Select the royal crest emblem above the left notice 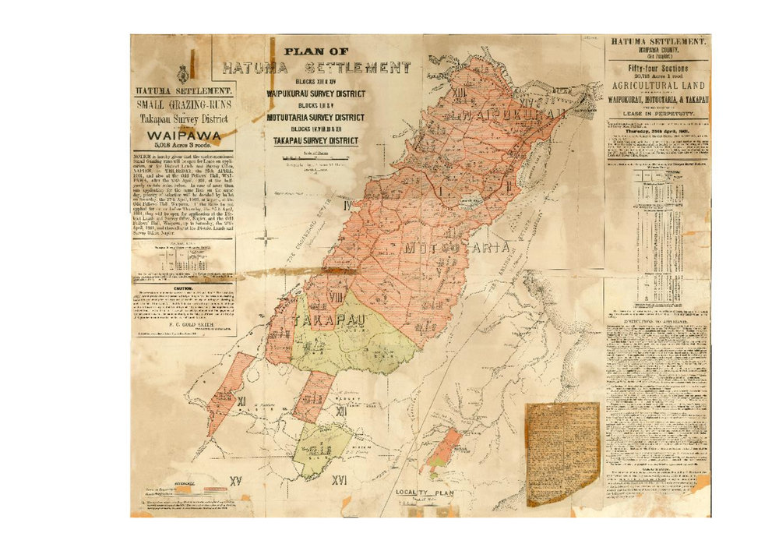(181, 76)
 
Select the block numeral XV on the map (238, 480)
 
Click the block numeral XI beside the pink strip (242, 401)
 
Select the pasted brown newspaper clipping (562, 453)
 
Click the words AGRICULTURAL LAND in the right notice (658, 83)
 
